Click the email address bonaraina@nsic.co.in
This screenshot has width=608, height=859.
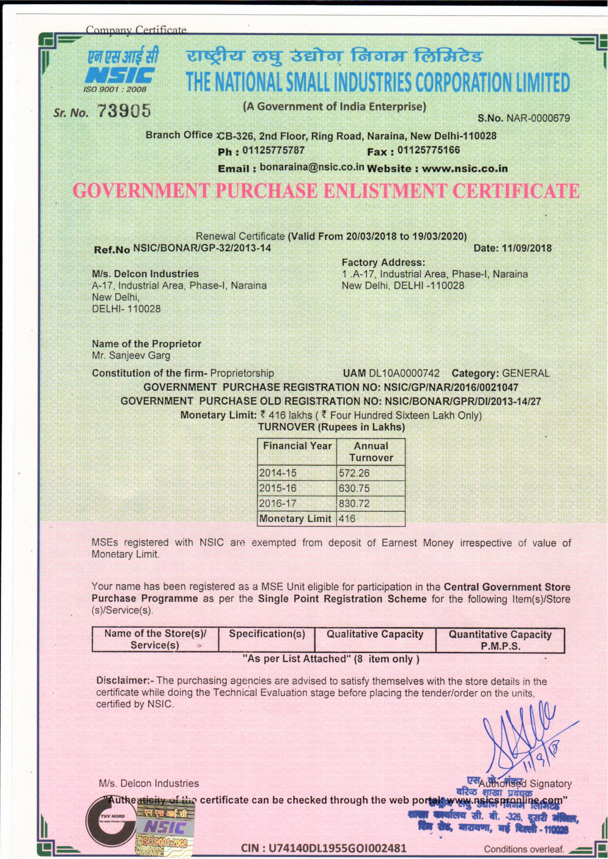312,167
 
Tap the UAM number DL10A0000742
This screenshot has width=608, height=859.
404,373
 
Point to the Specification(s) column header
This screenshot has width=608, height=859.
267,634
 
